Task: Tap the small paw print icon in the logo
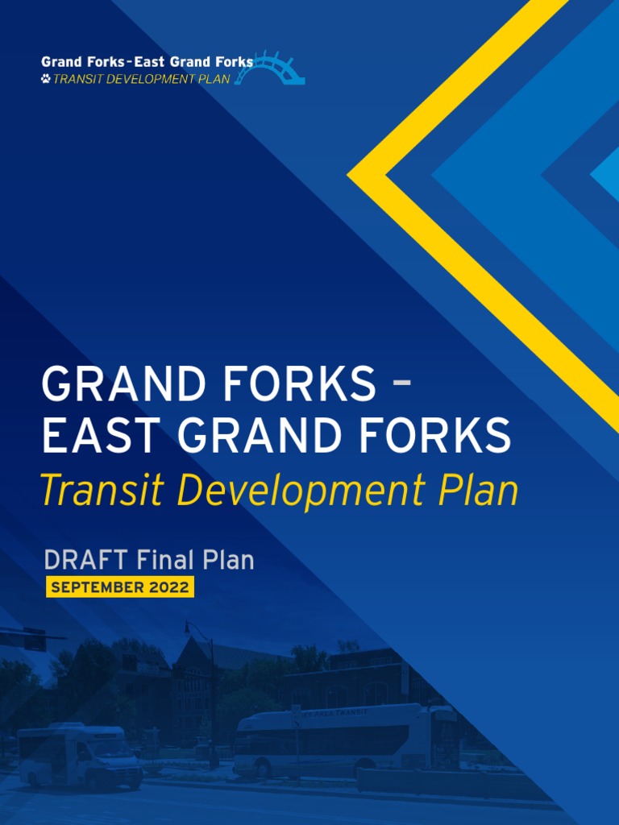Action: click(x=46, y=79)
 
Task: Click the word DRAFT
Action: click(x=86, y=560)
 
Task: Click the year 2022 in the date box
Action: click(x=168, y=587)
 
